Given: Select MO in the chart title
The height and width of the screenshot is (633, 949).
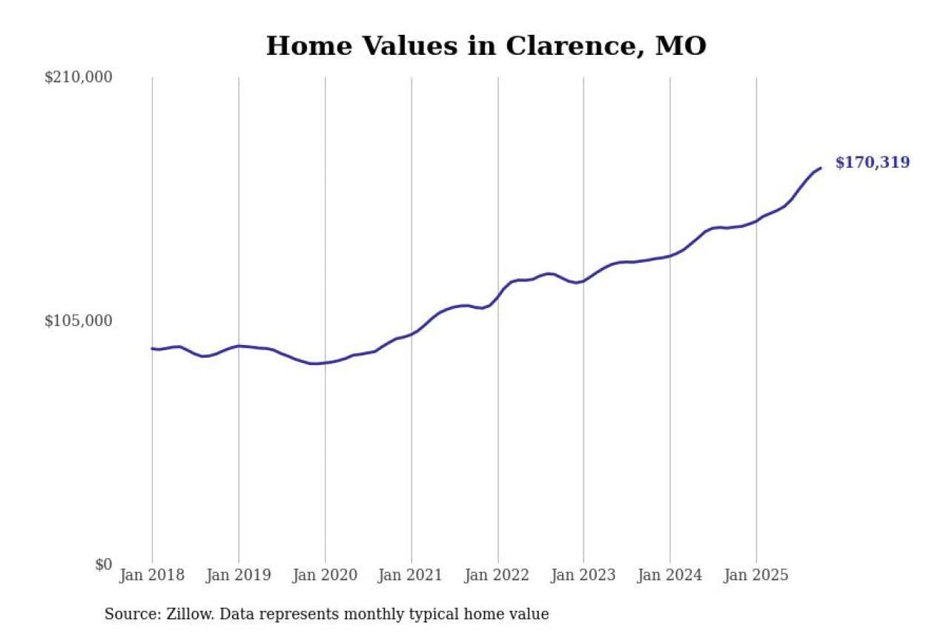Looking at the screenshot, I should pyautogui.click(x=681, y=46).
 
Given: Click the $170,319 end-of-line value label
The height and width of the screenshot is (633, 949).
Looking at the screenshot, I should pyautogui.click(x=872, y=163).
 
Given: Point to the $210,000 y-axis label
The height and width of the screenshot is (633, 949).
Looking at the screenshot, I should pyautogui.click(x=78, y=77).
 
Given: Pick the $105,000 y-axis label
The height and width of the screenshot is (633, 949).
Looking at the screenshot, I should pyautogui.click(x=78, y=321).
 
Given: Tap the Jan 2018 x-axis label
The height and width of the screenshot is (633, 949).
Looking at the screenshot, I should pyautogui.click(x=152, y=575).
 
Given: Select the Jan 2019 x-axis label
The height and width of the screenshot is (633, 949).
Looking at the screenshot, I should pyautogui.click(x=238, y=575).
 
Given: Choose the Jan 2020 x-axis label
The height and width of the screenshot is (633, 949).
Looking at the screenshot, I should pyautogui.click(x=325, y=575).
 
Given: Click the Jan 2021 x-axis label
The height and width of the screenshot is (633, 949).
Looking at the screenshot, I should pyautogui.click(x=411, y=575).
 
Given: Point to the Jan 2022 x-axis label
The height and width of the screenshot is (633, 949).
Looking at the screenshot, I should pyautogui.click(x=497, y=575).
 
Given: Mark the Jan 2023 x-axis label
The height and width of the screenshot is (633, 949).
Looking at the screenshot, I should pyautogui.click(x=583, y=575).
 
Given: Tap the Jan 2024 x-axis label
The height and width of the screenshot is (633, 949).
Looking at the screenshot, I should pyautogui.click(x=669, y=575).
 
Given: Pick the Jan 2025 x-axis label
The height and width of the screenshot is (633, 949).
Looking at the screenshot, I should pyautogui.click(x=756, y=575).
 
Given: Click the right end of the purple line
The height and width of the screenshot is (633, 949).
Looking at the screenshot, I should pyautogui.click(x=820, y=168).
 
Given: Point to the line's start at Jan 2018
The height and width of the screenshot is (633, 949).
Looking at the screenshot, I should pyautogui.click(x=152, y=348).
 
